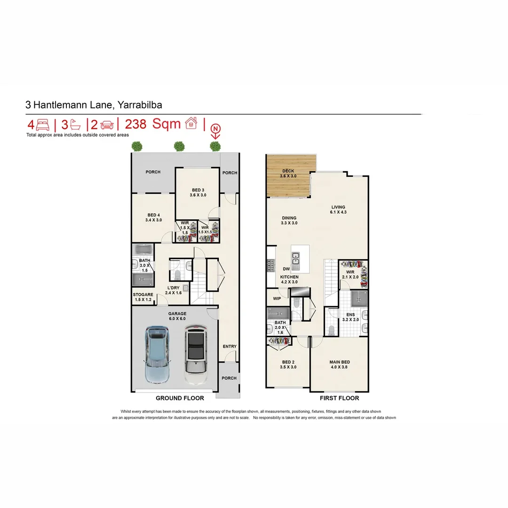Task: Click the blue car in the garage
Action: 157,354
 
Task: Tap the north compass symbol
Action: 215,128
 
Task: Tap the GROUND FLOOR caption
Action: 180,398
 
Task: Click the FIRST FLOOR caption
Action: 339,398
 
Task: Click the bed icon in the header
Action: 42,125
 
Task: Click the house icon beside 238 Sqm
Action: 191,124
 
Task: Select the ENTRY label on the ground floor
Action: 230,347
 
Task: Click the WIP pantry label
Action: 277,298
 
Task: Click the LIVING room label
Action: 338,207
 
